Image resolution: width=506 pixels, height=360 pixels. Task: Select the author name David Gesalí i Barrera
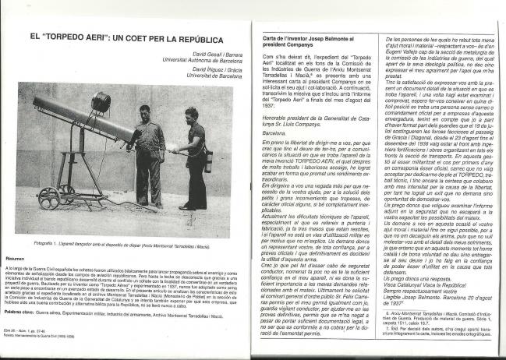pos(209,55)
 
